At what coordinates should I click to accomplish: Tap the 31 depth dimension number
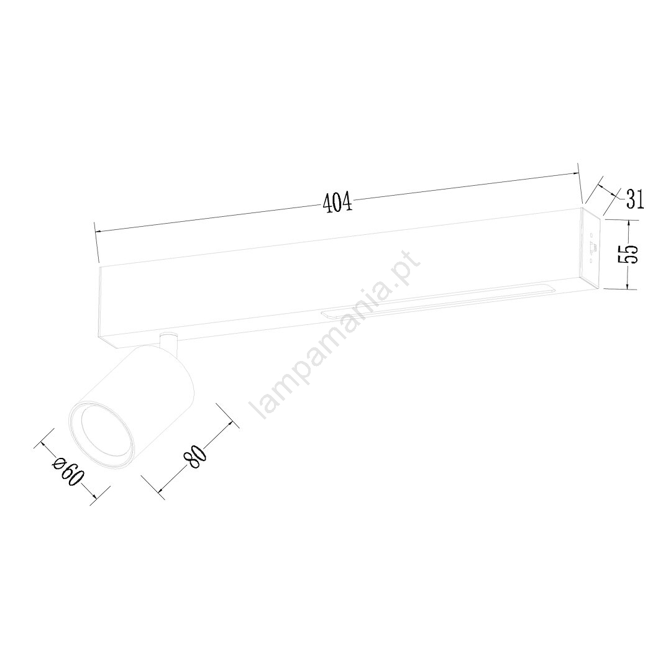coord(634,199)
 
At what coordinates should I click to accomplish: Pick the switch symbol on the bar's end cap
coord(593,248)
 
